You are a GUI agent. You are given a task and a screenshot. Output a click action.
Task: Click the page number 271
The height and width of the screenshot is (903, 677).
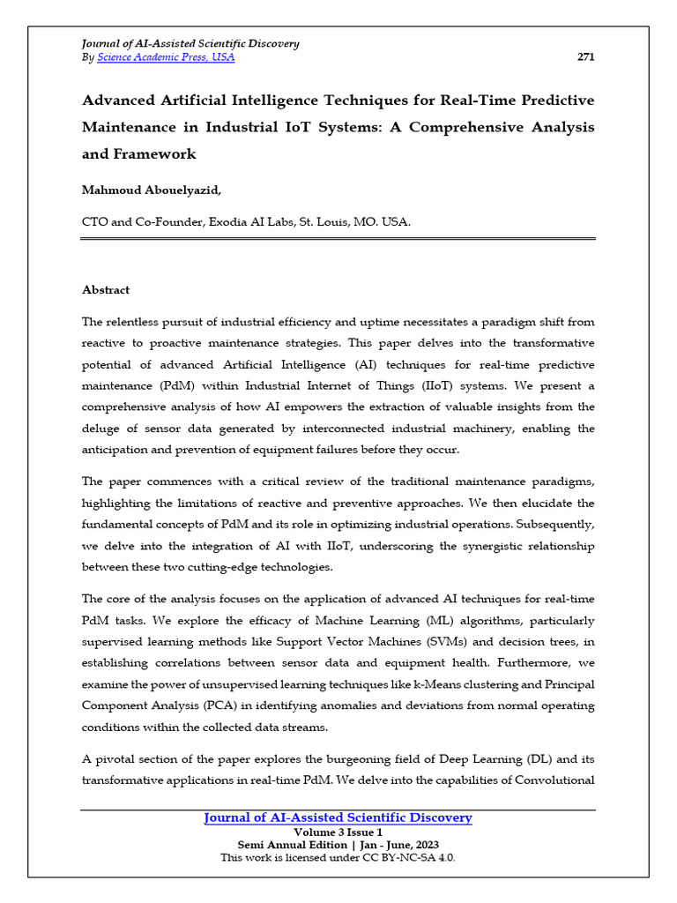585,57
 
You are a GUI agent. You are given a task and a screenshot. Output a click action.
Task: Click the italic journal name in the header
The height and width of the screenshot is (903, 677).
190,43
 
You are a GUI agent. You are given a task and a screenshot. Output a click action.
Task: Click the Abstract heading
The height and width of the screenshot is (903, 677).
106,290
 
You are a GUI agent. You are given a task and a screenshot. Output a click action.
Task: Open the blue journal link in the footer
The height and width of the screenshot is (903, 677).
338,818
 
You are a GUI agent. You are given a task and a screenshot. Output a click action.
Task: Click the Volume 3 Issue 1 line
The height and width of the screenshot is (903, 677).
338,832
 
